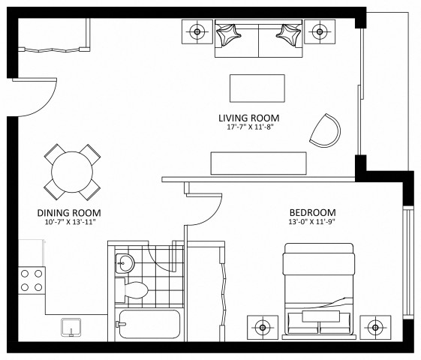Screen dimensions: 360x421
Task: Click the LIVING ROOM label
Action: tap(248, 118)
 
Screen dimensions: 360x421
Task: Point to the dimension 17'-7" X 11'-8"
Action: tap(248, 128)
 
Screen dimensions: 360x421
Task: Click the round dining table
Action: tap(73, 170)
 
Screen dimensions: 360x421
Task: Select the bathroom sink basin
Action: tap(125, 263)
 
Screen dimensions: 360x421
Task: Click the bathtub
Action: tap(148, 325)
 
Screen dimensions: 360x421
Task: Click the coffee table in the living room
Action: tap(257, 88)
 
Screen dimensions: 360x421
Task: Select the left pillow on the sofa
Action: tap(228, 33)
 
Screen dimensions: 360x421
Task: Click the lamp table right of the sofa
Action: tap(320, 31)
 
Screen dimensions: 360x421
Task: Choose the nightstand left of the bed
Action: tap(263, 327)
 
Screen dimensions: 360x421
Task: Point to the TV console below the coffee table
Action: tap(258, 162)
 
